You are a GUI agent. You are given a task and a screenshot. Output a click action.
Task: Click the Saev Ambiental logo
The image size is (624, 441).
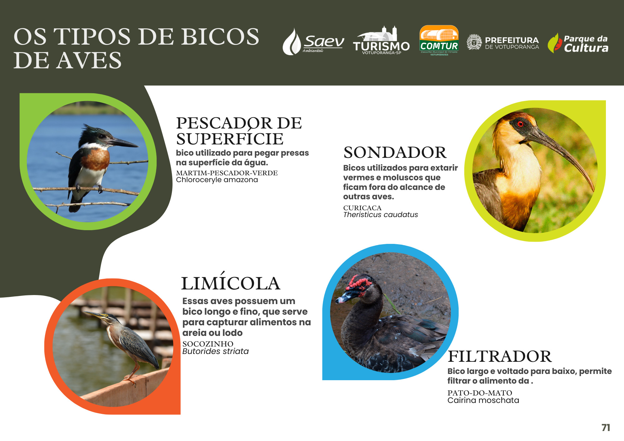(313, 41)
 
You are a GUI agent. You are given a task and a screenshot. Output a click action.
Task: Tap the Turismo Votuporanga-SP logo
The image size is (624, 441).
(381, 40)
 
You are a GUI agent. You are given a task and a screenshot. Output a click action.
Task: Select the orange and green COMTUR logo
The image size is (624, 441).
(439, 40)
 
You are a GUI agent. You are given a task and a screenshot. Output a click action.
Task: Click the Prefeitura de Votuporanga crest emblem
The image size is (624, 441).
(474, 42)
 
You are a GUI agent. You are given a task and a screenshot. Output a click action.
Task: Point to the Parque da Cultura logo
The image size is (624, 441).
(578, 43)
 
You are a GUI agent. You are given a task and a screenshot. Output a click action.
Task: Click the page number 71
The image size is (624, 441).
(606, 428)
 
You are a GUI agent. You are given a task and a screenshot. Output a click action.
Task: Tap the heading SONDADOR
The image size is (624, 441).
(395, 153)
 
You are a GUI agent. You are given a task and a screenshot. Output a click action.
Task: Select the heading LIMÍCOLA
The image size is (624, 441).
(231, 282)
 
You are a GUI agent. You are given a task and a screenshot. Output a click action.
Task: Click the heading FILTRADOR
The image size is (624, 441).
(500, 356)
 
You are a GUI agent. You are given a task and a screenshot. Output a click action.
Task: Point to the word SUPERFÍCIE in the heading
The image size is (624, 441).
(230, 139)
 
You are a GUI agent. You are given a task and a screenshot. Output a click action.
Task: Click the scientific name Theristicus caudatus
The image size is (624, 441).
(380, 215)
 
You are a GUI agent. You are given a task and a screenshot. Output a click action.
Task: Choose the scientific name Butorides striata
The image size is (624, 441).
(215, 351)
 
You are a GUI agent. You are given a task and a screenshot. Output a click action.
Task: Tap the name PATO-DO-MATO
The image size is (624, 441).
(480, 393)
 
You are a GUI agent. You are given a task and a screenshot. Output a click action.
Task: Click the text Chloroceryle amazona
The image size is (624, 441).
(217, 180)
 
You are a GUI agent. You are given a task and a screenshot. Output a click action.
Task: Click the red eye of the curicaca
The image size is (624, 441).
(520, 124)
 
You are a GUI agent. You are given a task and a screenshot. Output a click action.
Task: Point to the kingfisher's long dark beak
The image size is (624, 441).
(124, 143)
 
